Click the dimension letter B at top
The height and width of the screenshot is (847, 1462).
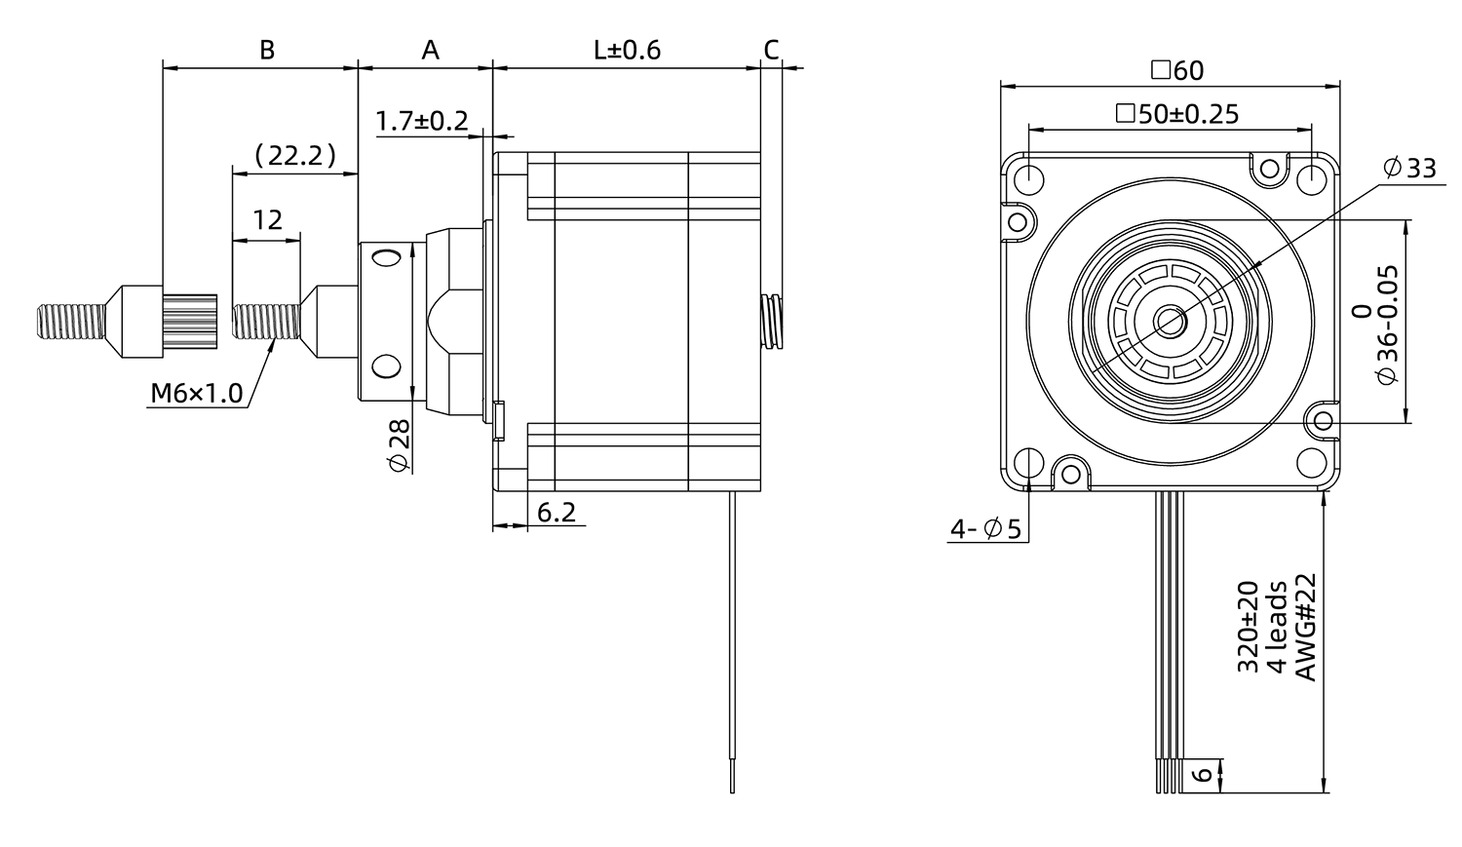pos(267,50)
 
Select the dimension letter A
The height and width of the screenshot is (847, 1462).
pos(430,50)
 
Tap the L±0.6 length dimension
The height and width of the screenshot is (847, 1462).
pos(627,50)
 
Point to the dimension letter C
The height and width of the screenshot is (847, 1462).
pos(771,50)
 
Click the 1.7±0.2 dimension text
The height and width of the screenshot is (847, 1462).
pos(422,121)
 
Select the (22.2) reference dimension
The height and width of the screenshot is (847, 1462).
pos(294,155)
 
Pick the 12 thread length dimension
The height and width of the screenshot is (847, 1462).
pos(267,219)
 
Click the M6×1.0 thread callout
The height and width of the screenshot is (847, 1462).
pos(197,394)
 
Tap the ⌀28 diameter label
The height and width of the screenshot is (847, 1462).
pos(400,446)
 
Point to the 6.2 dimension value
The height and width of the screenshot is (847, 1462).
pos(557,512)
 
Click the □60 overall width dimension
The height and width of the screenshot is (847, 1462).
pos(1176,70)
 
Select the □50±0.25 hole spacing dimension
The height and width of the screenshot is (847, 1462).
pos(1177,114)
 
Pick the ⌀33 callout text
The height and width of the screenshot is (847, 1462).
pos(1409,168)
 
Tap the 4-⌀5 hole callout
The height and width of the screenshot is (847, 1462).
pos(985,529)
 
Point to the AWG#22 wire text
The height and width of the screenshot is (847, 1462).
pos(1305,626)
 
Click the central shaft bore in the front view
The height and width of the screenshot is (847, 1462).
pos(1169,320)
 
